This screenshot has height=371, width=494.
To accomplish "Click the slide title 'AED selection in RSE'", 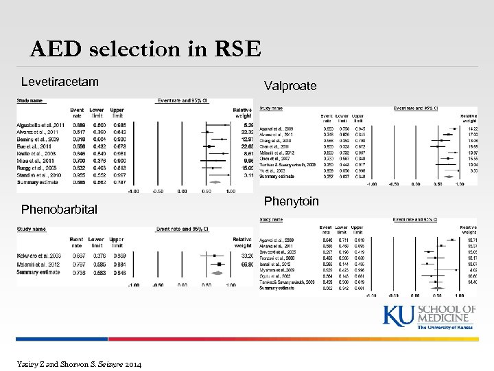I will pos(145,49).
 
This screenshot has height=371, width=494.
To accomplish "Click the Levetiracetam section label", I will pos(60,82).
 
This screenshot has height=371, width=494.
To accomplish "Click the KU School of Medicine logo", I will pos(429,318).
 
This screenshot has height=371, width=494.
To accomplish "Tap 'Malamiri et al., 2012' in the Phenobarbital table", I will pos(40,264).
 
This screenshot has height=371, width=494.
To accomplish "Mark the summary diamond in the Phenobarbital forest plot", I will pos(218,272).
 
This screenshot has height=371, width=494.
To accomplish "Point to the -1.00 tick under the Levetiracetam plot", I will pos(136,191).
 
